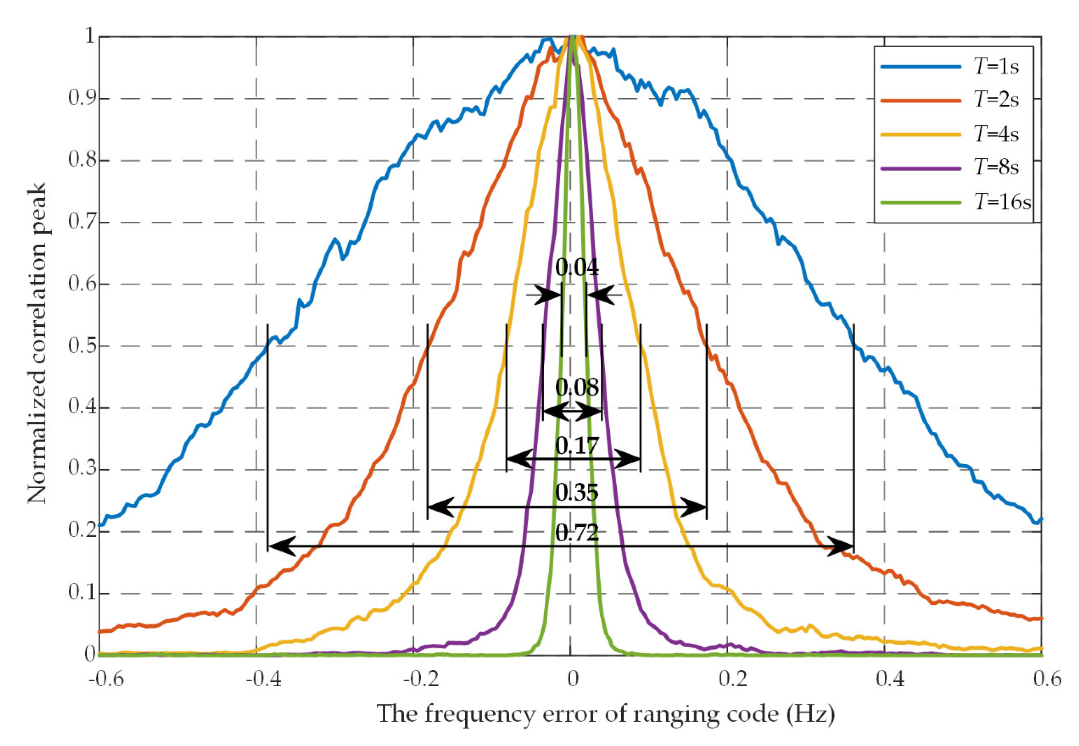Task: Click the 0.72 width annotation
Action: pyautogui.click(x=577, y=532)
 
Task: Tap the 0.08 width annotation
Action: pyautogui.click(x=577, y=387)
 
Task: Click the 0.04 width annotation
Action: pyautogui.click(x=577, y=268)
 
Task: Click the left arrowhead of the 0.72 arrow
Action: pyautogui.click(x=281, y=546)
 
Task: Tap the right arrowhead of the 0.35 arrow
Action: pyautogui.click(x=694, y=507)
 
